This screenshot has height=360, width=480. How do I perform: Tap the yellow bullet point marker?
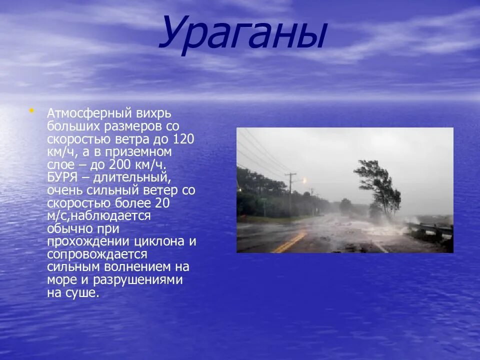point(32,111)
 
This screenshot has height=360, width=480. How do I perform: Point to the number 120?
point(183,138)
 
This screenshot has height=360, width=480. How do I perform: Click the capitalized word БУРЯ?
point(62,177)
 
